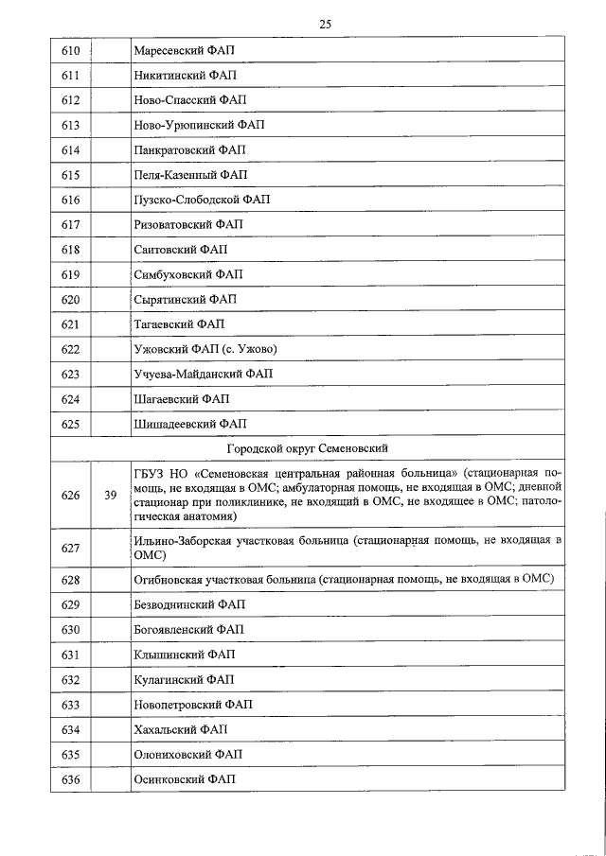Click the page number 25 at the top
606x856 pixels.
click(324, 25)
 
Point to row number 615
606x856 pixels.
click(69, 175)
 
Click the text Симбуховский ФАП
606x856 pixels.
click(187, 274)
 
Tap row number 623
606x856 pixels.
click(69, 375)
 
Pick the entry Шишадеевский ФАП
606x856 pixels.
click(189, 424)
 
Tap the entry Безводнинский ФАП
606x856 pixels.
click(187, 603)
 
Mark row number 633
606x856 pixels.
click(69, 705)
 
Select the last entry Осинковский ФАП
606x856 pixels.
click(184, 778)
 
